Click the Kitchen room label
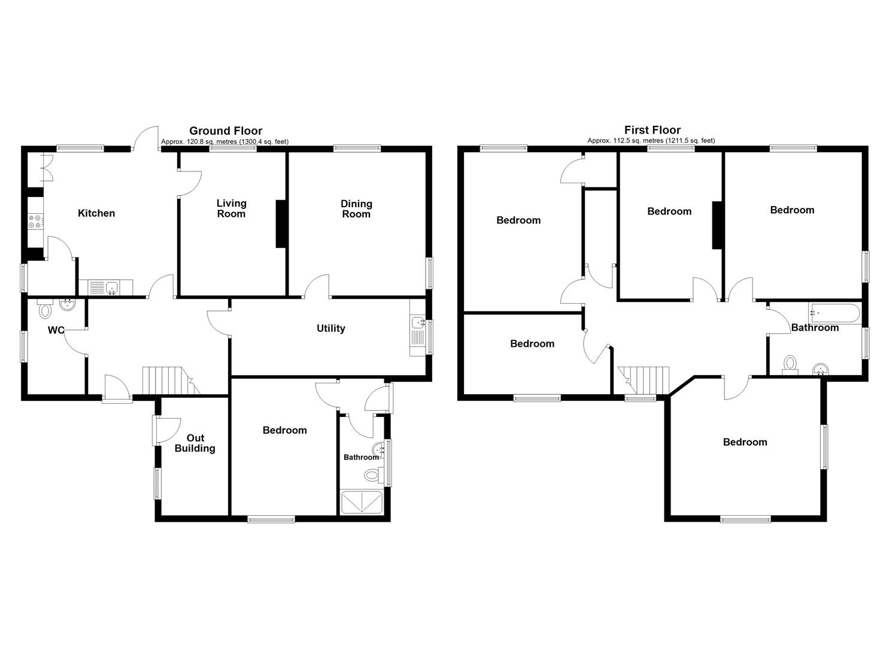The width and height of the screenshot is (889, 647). pyautogui.click(x=96, y=213)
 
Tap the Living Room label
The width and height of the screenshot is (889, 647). pyautogui.click(x=231, y=208)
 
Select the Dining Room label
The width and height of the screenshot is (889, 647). pyautogui.click(x=356, y=208)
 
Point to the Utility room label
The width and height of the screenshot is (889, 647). pyautogui.click(x=330, y=328)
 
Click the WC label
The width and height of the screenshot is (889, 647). pyautogui.click(x=56, y=330)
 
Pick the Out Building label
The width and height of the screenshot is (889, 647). pyautogui.click(x=195, y=443)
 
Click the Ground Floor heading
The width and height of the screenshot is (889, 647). pyautogui.click(x=226, y=131)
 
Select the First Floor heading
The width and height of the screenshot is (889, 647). pyautogui.click(x=652, y=130)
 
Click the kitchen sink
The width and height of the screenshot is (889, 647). pyautogui.click(x=111, y=289)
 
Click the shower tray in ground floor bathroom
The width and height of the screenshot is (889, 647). pyautogui.click(x=362, y=503)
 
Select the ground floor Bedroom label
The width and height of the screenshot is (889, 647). pyautogui.click(x=284, y=430)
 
